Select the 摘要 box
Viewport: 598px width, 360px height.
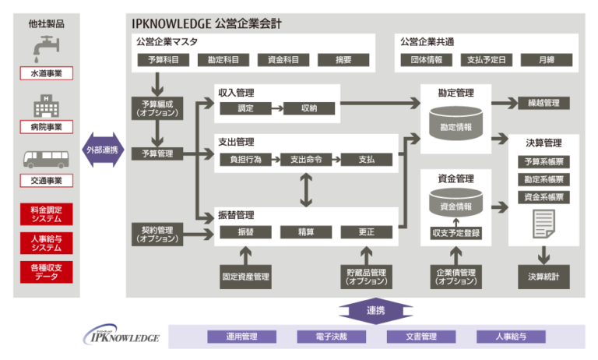344,59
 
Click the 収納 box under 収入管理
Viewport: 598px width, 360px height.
308,109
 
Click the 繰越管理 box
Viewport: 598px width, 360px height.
543,103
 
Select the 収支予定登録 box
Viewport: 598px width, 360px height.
456,232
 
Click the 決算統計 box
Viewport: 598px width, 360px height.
543,276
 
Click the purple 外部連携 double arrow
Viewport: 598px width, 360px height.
103,150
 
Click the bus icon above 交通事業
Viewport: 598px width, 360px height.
42,159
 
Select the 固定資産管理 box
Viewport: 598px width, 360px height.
245,276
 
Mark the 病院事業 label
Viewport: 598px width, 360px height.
46,126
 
